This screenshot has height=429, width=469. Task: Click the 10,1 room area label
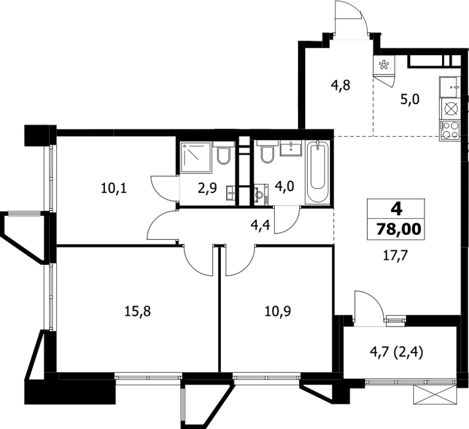pyautogui.click(x=114, y=189)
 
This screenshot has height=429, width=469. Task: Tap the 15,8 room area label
pyautogui.click(x=137, y=311)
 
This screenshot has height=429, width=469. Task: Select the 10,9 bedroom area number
pyautogui.click(x=278, y=311)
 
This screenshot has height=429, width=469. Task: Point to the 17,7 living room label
pyautogui.click(x=395, y=256)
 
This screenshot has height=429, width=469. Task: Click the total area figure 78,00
pyautogui.click(x=398, y=230)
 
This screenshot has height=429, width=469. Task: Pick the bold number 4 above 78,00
pyautogui.click(x=397, y=209)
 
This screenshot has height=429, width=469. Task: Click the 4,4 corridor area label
pyautogui.click(x=260, y=225)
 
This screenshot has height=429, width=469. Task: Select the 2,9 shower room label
pyautogui.click(x=207, y=189)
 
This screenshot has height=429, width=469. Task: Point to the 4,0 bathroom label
pyautogui.click(x=284, y=186)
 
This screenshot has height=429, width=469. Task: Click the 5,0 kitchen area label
pyautogui.click(x=410, y=99)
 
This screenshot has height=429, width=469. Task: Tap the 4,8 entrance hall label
pyautogui.click(x=340, y=86)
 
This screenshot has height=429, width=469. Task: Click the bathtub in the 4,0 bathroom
pyautogui.click(x=318, y=172)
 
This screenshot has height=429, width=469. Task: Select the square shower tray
pyautogui.click(x=196, y=158)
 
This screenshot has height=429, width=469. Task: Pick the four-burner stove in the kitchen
pyautogui.click(x=449, y=131)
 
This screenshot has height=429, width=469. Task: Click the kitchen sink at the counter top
pyautogui.click(x=449, y=87)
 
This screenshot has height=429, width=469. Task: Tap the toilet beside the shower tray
pyautogui.click(x=224, y=153)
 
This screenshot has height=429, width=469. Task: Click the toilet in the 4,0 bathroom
pyautogui.click(x=267, y=152)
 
